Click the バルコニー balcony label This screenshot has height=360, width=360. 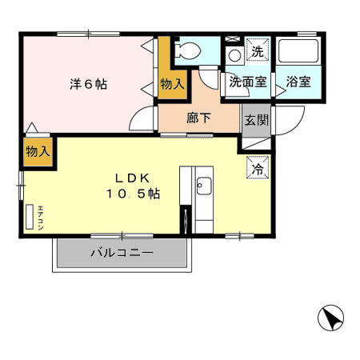point(122,253)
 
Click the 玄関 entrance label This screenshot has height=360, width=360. point(256,120)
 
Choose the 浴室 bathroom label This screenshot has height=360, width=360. point(299,82)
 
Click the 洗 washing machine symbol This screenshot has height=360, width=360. point(257,51)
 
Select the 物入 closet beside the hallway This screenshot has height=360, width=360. point(172,82)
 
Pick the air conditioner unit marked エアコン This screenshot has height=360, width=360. point(31,217)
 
